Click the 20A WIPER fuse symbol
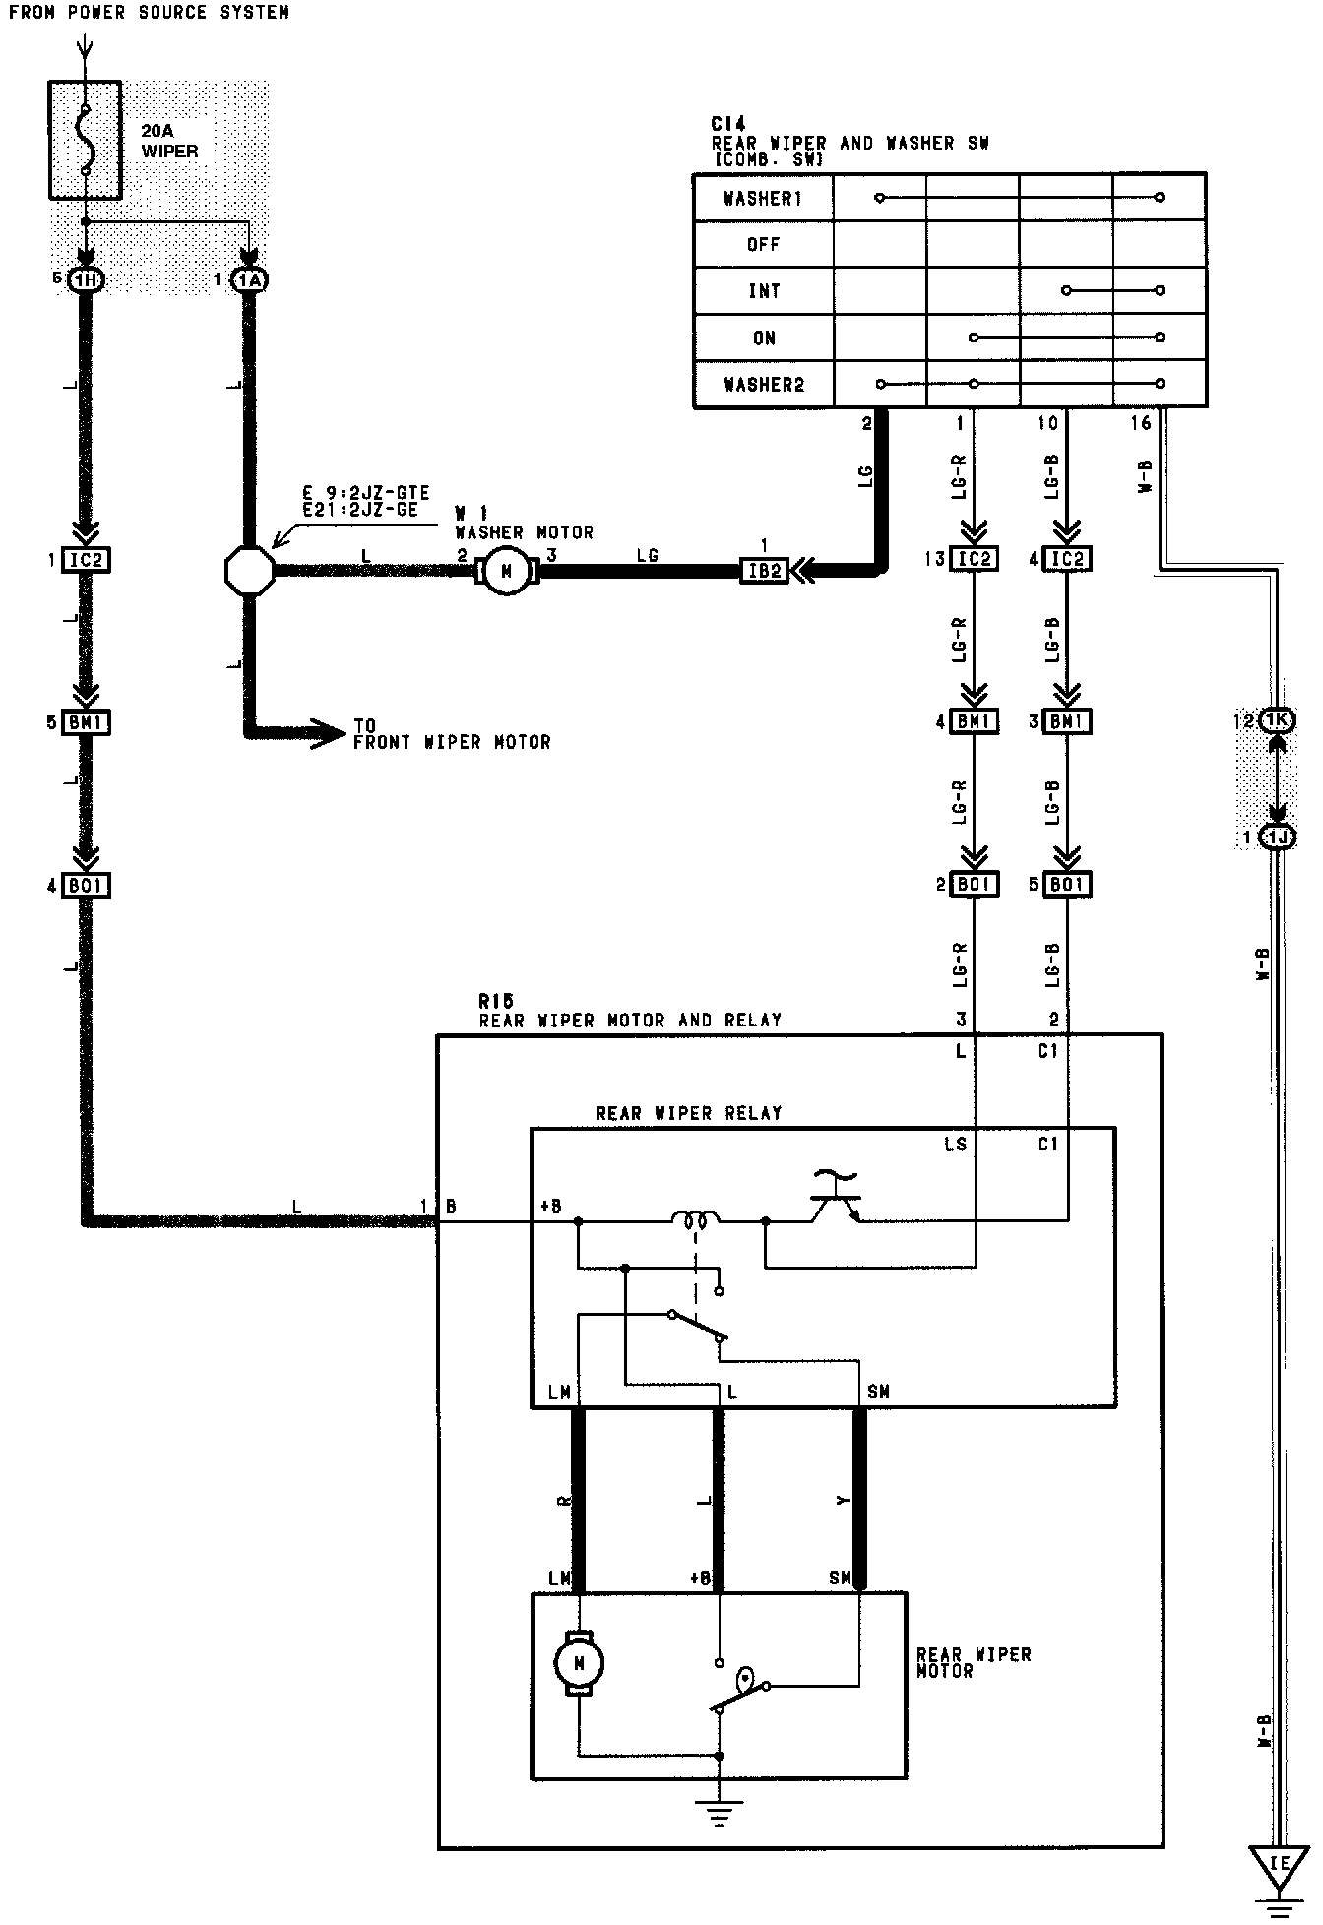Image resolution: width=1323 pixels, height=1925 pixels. point(86,140)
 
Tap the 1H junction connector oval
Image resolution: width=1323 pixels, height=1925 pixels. point(87,280)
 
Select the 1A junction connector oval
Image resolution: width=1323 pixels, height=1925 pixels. point(249,280)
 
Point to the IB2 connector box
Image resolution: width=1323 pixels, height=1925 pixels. point(764,571)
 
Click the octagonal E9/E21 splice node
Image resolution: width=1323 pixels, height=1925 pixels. point(249,570)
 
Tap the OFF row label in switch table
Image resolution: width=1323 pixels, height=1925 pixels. point(764,245)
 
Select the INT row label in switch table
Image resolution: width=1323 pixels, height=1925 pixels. point(764,291)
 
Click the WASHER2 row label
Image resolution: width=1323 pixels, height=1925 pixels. point(764,385)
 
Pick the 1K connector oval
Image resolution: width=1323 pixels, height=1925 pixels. point(1277,720)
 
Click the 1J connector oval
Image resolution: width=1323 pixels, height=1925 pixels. point(1277,838)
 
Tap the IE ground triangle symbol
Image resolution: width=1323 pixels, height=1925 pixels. point(1279,1864)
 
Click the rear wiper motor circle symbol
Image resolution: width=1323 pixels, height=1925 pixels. point(579,1663)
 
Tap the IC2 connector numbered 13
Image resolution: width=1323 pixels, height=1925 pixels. point(974,560)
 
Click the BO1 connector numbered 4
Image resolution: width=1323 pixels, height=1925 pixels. point(87,886)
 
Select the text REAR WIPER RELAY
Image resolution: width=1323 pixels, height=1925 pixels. point(688,1113)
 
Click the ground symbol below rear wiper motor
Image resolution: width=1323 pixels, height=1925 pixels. point(720,1812)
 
